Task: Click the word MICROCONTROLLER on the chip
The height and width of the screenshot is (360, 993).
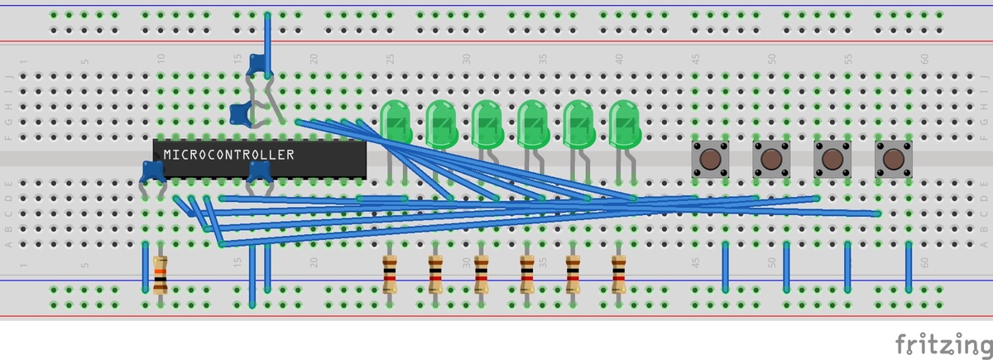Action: pos(228,154)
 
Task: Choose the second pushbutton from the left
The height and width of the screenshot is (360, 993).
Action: pos(770,157)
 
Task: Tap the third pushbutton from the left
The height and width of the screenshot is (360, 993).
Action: pos(832,157)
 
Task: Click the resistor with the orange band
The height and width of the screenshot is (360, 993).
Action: pos(161,275)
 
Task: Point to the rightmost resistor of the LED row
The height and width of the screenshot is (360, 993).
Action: pos(618,275)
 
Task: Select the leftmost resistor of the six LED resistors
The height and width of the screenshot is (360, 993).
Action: pos(390,275)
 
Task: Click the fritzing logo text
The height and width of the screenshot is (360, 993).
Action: pos(943,343)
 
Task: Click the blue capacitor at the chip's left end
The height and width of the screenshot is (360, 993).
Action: pos(152,171)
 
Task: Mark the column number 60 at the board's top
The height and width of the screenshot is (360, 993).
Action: pos(923,59)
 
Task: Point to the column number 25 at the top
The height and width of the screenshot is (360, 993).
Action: pos(390,59)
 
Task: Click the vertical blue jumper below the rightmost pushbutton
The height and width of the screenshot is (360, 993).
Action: pos(909,266)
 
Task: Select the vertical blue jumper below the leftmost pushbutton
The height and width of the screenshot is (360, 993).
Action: pos(725,266)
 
